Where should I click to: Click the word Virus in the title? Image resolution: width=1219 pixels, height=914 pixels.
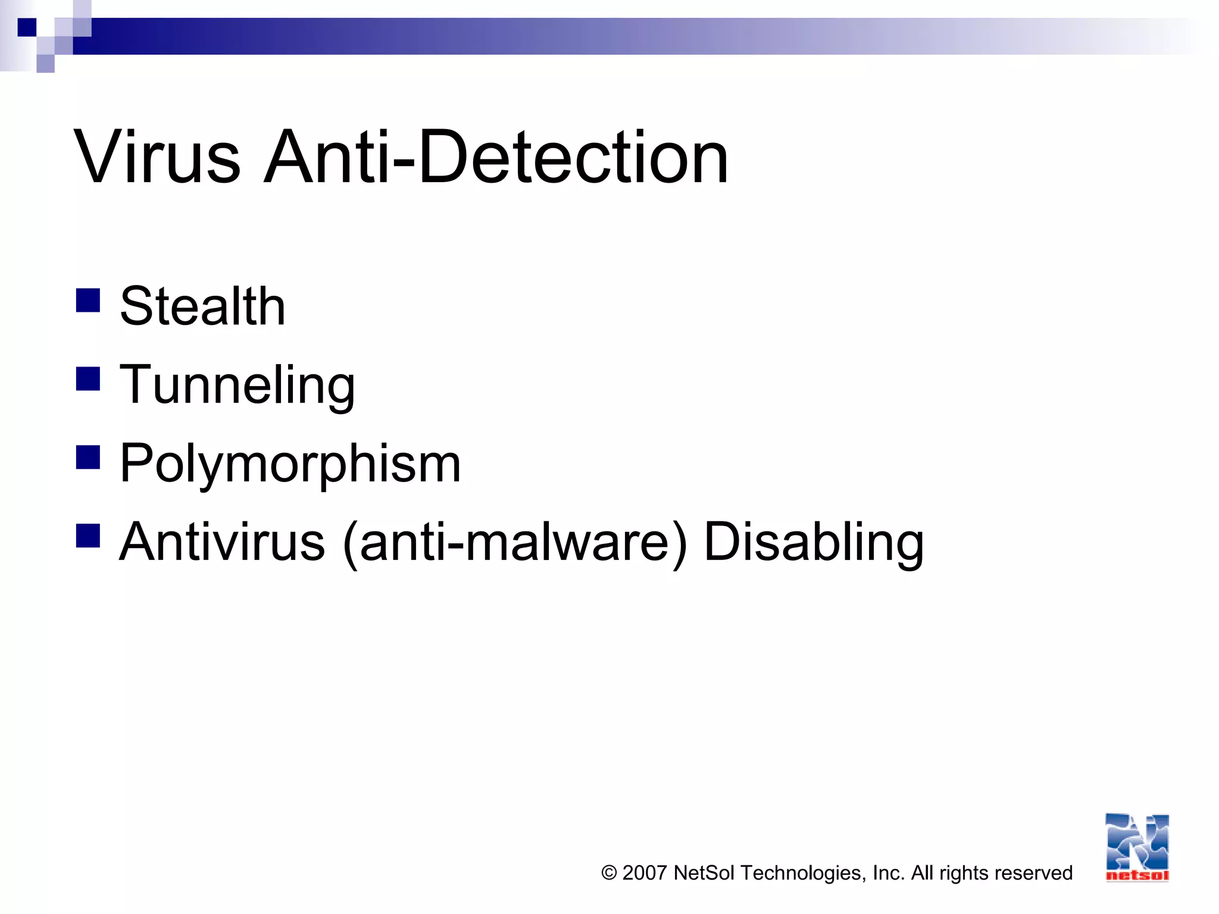[x=157, y=158]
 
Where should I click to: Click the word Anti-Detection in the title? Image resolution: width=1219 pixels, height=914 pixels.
[x=496, y=158]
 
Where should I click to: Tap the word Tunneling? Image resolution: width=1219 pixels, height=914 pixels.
[x=237, y=385]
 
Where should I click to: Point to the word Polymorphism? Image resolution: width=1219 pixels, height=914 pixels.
[x=290, y=464]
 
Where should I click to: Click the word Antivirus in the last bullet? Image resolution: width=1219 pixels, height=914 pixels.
[x=222, y=542]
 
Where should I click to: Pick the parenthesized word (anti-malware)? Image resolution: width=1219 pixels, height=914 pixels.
[x=515, y=542]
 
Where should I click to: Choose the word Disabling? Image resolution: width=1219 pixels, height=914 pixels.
[x=814, y=542]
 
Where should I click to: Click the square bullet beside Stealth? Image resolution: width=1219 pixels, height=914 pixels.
[x=88, y=301]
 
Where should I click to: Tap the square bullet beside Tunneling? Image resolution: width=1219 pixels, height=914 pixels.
[x=88, y=379]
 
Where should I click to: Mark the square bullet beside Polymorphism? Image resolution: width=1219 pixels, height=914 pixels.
[x=88, y=458]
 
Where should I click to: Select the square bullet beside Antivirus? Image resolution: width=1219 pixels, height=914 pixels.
[x=88, y=536]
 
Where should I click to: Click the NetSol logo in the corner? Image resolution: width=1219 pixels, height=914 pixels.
[x=1137, y=842]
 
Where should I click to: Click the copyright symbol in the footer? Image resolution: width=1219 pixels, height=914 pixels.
[x=609, y=873]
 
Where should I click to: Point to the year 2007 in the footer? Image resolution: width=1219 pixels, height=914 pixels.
[x=644, y=873]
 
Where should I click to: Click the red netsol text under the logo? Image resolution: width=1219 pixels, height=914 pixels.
[x=1137, y=875]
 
